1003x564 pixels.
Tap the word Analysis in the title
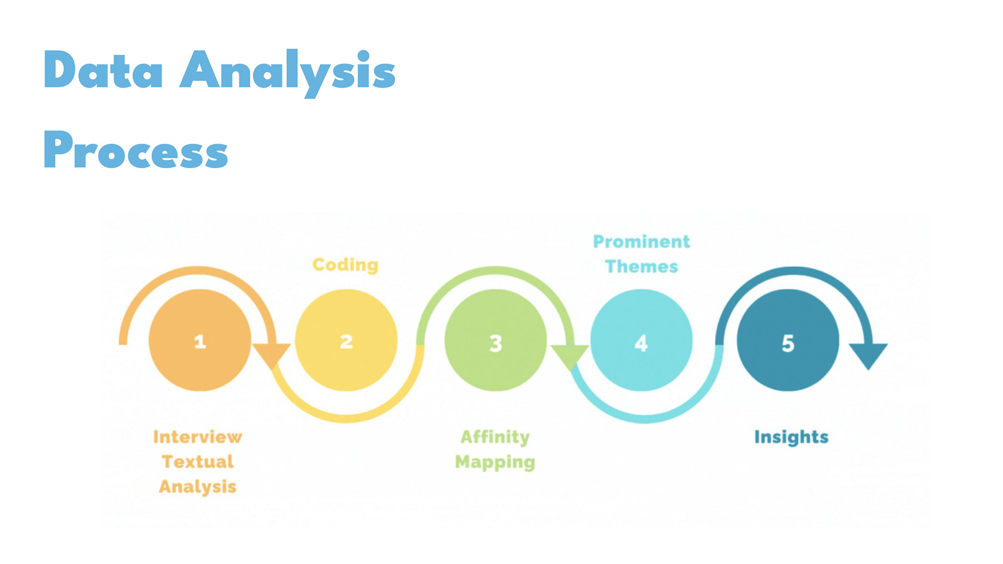pos(288,73)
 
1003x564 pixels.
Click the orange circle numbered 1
pos(200,340)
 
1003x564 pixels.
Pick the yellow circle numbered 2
pos(346,340)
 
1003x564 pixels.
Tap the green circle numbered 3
pos(496,340)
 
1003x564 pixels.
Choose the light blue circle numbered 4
pos(642,340)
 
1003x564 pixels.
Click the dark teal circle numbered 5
pos(788,340)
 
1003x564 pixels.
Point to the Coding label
pos(345,265)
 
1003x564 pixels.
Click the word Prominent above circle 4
pos(642,241)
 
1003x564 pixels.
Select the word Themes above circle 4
pos(642,266)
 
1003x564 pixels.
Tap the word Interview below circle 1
pos(197,437)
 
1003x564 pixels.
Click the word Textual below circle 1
pos(197,462)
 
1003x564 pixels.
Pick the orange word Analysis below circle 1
pos(197,487)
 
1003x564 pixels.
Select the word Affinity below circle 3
pos(495,437)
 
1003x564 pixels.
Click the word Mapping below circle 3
pos(495,462)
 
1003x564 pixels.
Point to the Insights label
pos(791,437)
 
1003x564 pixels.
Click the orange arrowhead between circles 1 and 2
pos(271,356)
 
